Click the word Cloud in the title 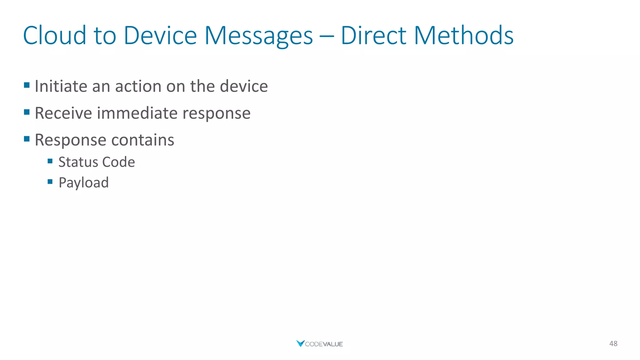click(55, 35)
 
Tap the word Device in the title click(160, 35)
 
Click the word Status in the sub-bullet click(78, 162)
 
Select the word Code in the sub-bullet click(118, 162)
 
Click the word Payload click(83, 182)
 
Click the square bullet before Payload click(50, 182)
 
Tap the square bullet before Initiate click(27, 85)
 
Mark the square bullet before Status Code click(50, 161)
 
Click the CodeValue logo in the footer click(319, 344)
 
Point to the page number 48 click(613, 343)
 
